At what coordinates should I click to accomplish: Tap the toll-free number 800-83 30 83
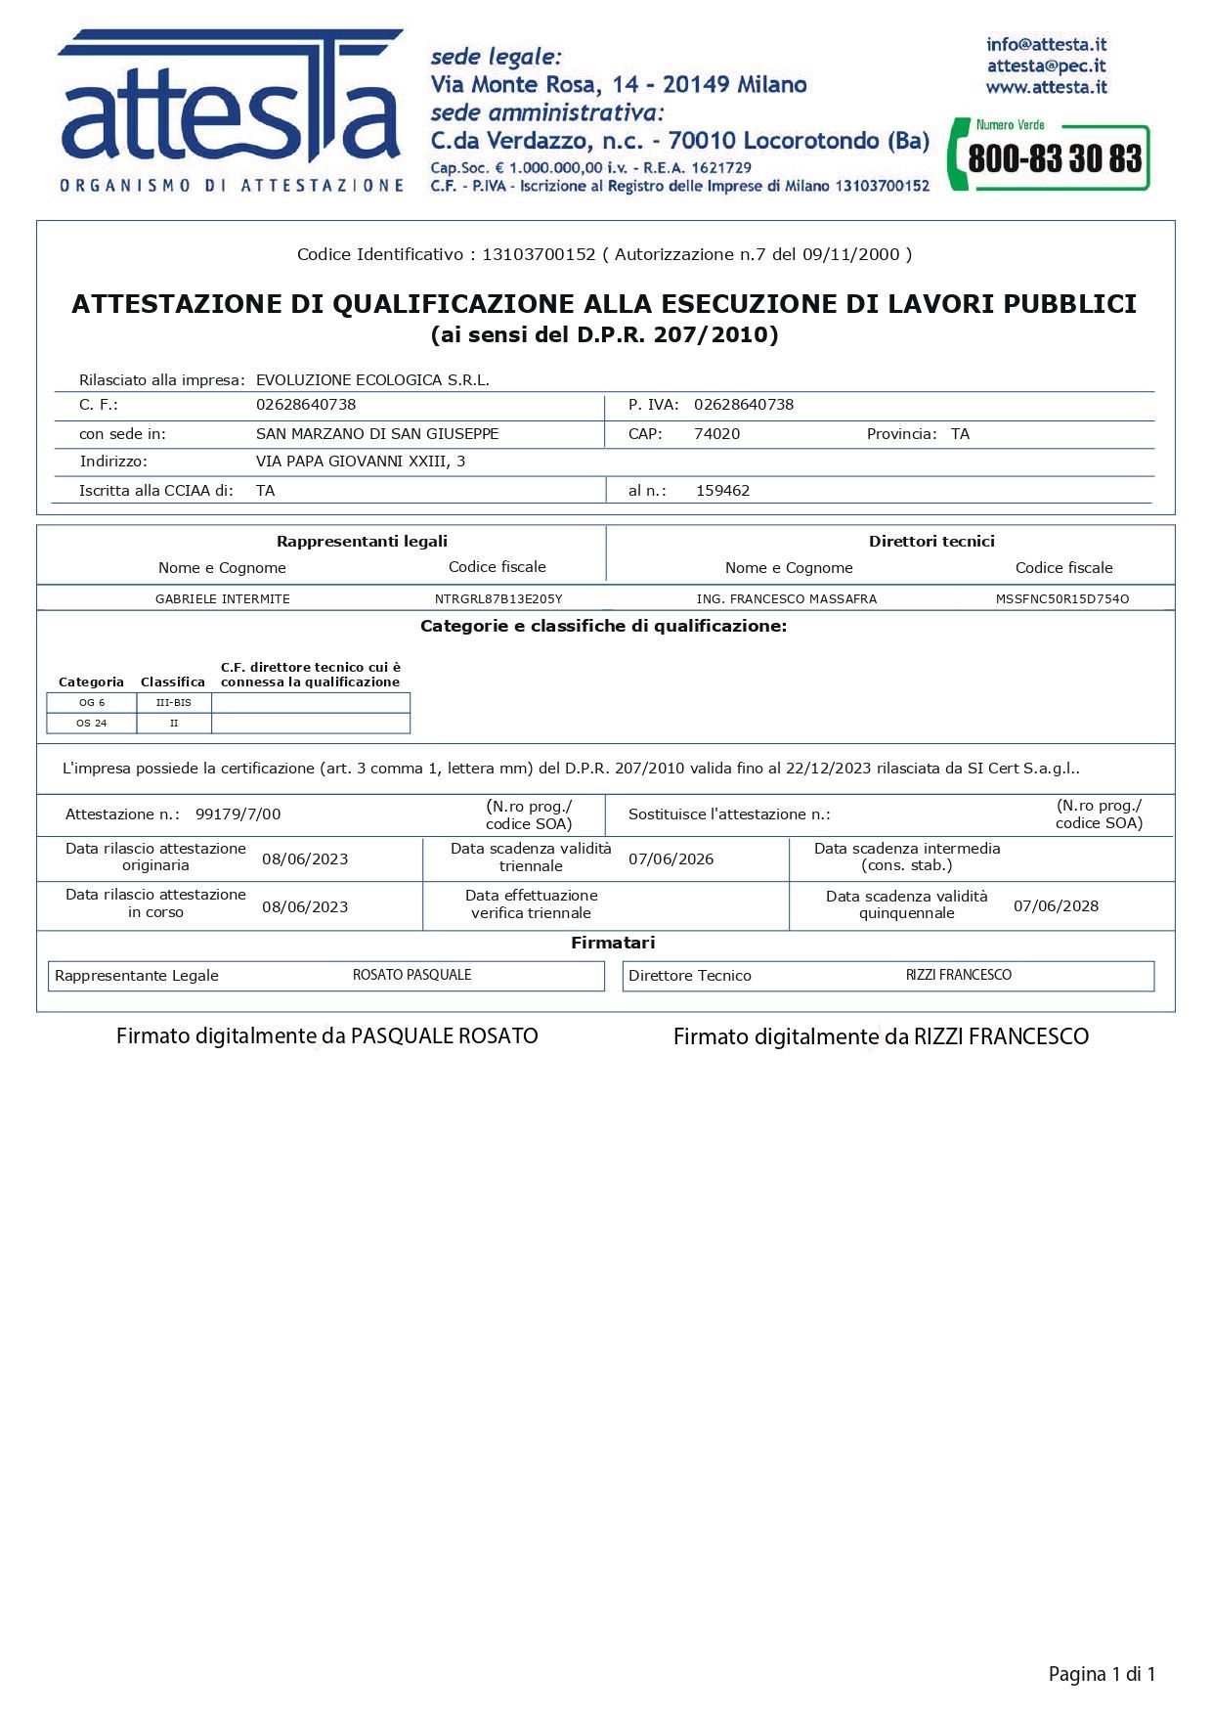coord(1054,158)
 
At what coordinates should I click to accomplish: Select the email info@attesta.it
coord(1046,44)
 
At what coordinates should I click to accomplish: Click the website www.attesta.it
coord(1046,87)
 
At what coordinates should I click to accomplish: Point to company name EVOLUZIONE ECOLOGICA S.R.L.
coord(372,380)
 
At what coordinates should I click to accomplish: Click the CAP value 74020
coord(716,434)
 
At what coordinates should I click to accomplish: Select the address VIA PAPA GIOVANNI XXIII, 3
coord(361,462)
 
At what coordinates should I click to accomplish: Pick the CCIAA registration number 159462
coord(722,491)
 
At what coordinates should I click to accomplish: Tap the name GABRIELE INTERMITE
coord(223,599)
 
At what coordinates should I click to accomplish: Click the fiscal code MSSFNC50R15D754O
coord(1062,599)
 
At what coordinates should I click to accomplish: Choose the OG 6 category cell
coord(92,703)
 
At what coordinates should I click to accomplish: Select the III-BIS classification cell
coord(174,703)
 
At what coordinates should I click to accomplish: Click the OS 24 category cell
coord(92,724)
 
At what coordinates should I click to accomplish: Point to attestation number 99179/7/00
coord(238,814)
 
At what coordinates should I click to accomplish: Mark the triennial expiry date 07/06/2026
coord(671,859)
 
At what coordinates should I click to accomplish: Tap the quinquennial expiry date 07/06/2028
coord(1056,906)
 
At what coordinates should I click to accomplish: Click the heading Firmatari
coord(613,944)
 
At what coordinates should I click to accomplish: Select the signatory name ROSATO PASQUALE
coord(411,975)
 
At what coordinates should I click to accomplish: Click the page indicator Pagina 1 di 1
coord(1102,1674)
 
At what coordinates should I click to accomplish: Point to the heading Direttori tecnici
coord(931,542)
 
